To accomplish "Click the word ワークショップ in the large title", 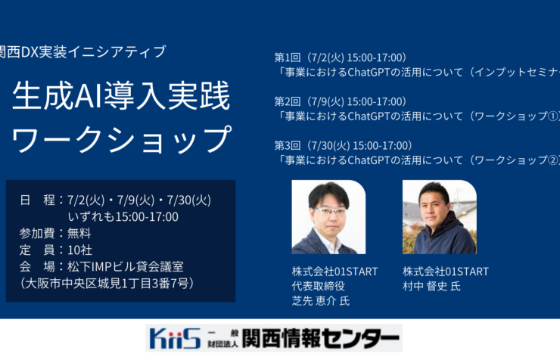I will pyautogui.click(x=121, y=138).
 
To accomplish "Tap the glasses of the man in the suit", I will pyautogui.click(x=329, y=211).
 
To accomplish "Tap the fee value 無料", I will pyautogui.click(x=79, y=234).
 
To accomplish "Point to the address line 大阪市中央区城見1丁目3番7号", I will pyautogui.click(x=110, y=284).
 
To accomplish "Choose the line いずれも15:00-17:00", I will pyautogui.click(x=123, y=217).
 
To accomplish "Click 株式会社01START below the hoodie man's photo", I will pyautogui.click(x=446, y=272).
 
